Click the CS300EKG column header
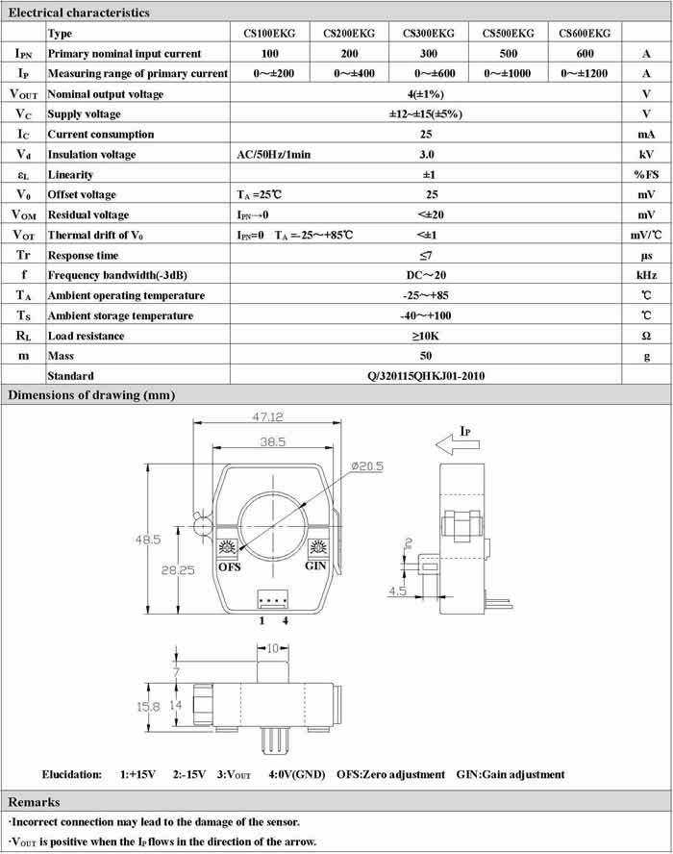(x=428, y=33)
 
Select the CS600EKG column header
(x=585, y=33)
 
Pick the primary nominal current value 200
(x=349, y=53)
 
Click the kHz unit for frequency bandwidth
(x=646, y=275)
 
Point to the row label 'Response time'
(x=84, y=255)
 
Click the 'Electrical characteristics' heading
(x=79, y=13)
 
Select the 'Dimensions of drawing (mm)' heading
(x=91, y=395)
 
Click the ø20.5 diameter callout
(x=368, y=465)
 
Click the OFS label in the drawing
(x=231, y=565)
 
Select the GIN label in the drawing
(x=316, y=565)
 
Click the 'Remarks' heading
(x=35, y=802)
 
